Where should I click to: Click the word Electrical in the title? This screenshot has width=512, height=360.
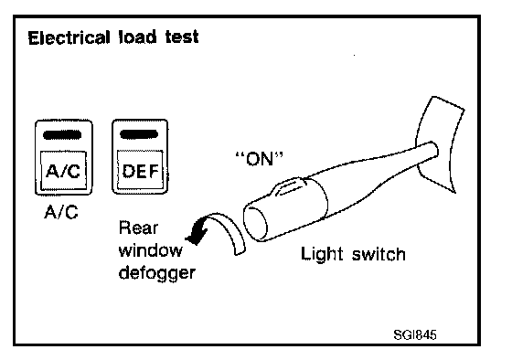69,37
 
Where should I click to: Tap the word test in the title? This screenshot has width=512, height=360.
182,37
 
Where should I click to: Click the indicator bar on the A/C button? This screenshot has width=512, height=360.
62,135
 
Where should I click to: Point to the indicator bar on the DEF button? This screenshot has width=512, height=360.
139,134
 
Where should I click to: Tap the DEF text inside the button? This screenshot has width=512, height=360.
141,171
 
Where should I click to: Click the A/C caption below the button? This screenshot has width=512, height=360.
61,213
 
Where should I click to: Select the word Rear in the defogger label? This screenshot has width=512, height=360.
138,228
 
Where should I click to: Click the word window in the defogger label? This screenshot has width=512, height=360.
151,250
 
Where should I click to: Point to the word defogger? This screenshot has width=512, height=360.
157,273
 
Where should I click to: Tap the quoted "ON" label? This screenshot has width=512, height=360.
260,159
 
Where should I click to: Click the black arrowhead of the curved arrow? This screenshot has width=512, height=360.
197,233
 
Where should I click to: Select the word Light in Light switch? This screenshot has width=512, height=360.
322,254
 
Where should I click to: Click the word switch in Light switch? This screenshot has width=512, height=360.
379,254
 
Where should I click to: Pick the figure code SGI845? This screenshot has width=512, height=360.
415,334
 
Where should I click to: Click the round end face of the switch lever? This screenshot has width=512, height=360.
256,222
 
